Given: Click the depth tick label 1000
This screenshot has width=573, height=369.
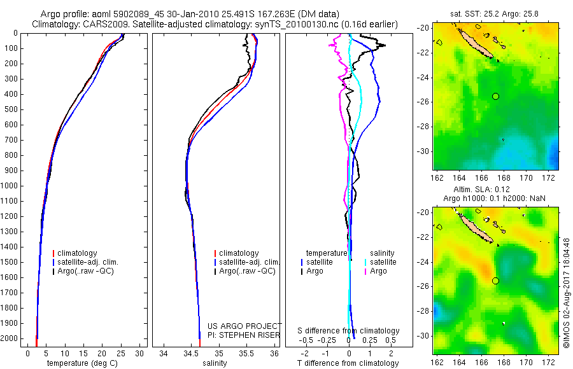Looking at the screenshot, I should click(11, 186).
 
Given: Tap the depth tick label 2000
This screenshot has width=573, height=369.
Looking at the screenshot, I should click(11, 338).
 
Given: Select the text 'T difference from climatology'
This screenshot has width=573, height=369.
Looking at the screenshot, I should click(348, 363).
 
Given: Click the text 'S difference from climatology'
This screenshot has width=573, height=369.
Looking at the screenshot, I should click(348, 331).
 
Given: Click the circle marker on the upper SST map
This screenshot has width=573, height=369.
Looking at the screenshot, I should click(495, 96).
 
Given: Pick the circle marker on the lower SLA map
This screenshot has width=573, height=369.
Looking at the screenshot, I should click(495, 281).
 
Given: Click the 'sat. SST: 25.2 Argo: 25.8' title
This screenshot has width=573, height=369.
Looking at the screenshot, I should click(495, 13).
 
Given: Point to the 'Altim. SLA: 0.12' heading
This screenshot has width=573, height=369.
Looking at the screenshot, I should click(495, 190).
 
